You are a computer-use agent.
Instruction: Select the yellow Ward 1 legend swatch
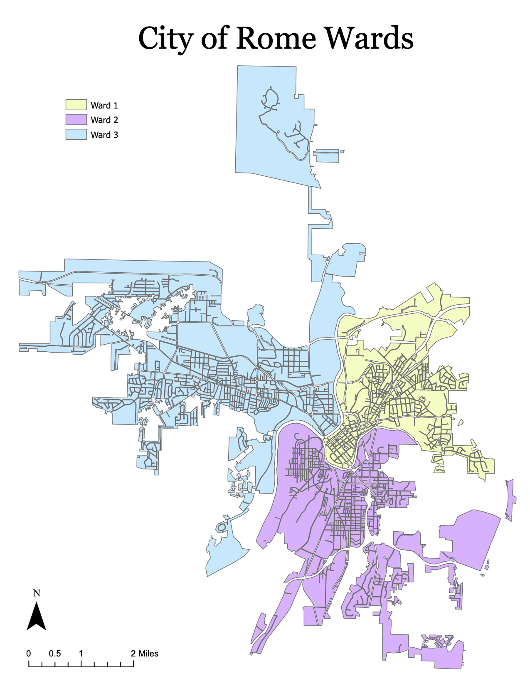76,105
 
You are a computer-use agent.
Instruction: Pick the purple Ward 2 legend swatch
76,120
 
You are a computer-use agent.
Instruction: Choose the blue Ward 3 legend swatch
76,134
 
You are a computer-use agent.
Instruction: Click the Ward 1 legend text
104,106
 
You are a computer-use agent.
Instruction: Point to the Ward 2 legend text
104,120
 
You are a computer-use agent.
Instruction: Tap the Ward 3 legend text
104,135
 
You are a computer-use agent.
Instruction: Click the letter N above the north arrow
37,593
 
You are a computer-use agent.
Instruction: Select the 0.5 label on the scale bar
54,654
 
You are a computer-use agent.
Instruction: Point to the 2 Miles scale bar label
145,654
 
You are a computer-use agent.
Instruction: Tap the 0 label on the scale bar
29,654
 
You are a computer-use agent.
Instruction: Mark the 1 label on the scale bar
81,654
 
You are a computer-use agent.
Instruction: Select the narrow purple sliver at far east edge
511,499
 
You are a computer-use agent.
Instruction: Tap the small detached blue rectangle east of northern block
326,156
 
